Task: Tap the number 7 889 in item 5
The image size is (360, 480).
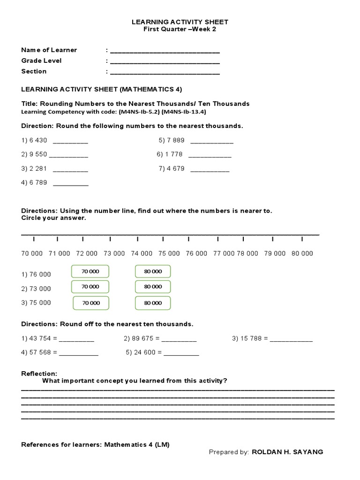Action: point(176,140)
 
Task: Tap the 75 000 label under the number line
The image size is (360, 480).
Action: point(169,253)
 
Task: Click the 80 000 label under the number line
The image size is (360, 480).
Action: point(302,253)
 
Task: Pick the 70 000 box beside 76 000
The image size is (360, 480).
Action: point(90,271)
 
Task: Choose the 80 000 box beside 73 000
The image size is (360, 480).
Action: point(153,286)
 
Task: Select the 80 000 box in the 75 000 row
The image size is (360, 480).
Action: point(153,303)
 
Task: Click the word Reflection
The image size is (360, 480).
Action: point(39,374)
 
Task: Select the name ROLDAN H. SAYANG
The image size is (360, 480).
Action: point(287,452)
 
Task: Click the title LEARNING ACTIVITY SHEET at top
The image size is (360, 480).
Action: point(180,22)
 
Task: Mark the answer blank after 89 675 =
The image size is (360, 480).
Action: point(180,339)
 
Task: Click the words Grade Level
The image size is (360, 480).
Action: point(41,60)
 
